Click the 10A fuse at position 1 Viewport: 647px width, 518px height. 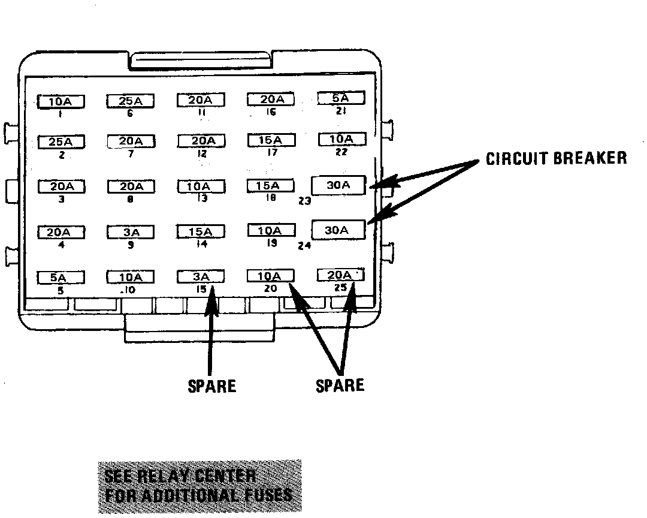click(x=61, y=102)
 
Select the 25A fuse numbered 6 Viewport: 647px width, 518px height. click(x=131, y=101)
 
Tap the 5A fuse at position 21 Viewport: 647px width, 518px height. click(x=340, y=98)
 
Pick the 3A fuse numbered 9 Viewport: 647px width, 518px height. click(x=131, y=232)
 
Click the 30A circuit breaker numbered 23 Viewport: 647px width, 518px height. click(x=338, y=185)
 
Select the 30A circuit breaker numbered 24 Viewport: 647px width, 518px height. click(x=338, y=230)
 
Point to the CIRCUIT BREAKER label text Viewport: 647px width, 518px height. click(x=556, y=158)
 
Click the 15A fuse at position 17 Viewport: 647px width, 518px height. click(x=271, y=140)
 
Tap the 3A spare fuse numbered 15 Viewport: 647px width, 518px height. click(x=201, y=276)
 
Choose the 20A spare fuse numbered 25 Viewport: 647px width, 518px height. click(x=340, y=275)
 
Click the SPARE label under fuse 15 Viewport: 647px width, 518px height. click(x=212, y=386)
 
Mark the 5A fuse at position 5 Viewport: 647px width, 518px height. click(x=61, y=278)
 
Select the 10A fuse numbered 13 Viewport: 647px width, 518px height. click(x=201, y=186)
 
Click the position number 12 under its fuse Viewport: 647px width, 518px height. click(x=202, y=153)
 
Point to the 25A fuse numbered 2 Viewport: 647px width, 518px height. click(x=61, y=142)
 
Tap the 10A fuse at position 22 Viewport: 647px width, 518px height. click(x=340, y=140)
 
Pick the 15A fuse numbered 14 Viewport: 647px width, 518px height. click(x=201, y=232)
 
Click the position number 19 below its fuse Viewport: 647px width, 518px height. click(x=271, y=243)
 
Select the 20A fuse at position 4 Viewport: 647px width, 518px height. click(x=61, y=232)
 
